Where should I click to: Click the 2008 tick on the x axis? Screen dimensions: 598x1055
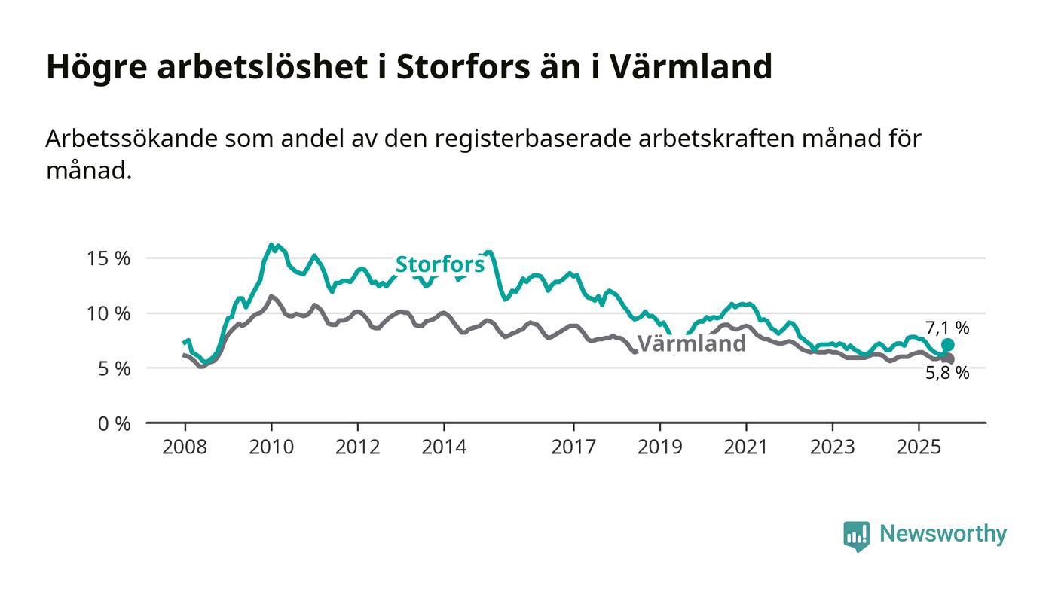[x=185, y=447]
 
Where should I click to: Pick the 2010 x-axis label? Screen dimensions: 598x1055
[x=271, y=447]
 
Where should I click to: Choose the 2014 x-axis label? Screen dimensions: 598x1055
[x=445, y=447]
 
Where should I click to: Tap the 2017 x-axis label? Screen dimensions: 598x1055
[x=574, y=447]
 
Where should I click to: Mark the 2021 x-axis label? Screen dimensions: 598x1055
[x=747, y=447]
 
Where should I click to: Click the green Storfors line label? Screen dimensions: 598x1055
[x=440, y=264]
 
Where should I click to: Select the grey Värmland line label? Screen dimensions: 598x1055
[x=692, y=344]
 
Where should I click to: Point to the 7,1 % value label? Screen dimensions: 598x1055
[x=947, y=328]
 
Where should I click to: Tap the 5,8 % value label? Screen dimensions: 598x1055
[x=947, y=373]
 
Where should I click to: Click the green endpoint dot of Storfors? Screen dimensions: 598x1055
[x=948, y=345]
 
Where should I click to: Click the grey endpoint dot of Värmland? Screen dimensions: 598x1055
[x=949, y=359]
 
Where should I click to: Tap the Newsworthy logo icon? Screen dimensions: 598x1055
[x=856, y=535]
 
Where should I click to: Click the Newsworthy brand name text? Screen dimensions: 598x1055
[x=943, y=534]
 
